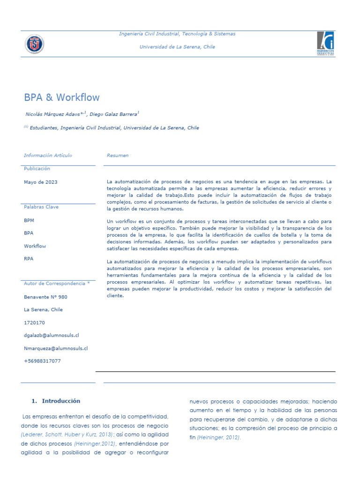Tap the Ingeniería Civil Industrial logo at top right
(325, 44)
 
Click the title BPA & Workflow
(62, 97)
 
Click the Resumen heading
(118, 156)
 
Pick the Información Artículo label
(48, 156)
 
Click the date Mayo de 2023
(41, 182)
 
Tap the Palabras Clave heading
(41, 207)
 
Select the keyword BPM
(29, 220)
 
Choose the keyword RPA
(29, 258)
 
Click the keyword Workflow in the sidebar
(35, 246)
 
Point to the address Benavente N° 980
(45, 297)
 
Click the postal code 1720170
(34, 323)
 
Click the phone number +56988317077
(42, 361)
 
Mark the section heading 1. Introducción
(56, 401)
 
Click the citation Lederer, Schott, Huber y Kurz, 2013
(67, 435)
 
